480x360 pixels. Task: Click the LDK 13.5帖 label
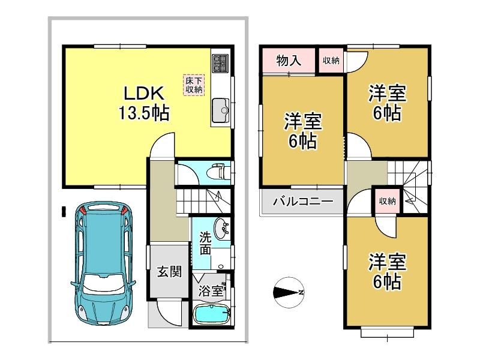point(144,103)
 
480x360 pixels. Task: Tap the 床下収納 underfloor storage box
point(194,85)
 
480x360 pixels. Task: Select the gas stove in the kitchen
point(220,64)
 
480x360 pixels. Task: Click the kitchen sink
point(220,110)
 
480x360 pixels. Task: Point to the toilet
point(218,172)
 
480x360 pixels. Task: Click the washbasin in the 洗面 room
point(221,228)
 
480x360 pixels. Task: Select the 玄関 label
point(169,271)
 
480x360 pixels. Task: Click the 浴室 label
point(211,291)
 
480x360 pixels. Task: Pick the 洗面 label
point(205,244)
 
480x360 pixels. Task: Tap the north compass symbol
point(288,293)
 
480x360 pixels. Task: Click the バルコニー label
point(303,202)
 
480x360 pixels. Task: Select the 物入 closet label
point(289,61)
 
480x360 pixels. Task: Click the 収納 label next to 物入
point(331,61)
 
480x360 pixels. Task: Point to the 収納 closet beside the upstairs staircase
point(387,201)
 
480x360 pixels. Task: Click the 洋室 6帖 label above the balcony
point(303,131)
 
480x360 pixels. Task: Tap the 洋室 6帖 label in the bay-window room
point(387,271)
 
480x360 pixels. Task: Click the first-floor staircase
point(203,201)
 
